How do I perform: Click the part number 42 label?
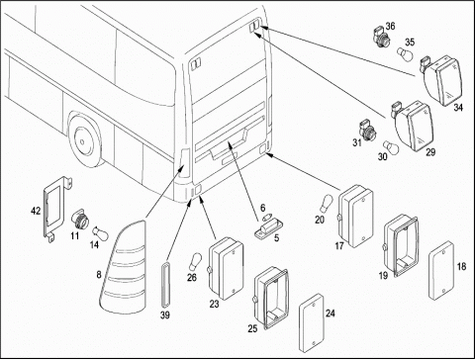[x=36, y=211]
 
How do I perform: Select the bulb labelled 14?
[x=100, y=233]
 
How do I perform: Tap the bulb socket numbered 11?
[x=80, y=220]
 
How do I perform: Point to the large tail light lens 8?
[x=123, y=267]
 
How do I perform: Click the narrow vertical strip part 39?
[x=165, y=285]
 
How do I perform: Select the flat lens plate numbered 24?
[x=312, y=322]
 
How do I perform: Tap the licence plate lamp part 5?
[x=269, y=228]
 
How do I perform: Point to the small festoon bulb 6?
[x=266, y=218]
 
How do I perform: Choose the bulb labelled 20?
[x=327, y=203]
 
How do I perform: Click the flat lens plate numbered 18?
[x=441, y=270]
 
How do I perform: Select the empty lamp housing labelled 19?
[x=401, y=246]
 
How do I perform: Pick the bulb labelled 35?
[x=405, y=54]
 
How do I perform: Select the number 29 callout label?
[x=430, y=152]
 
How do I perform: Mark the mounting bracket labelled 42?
[x=56, y=208]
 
